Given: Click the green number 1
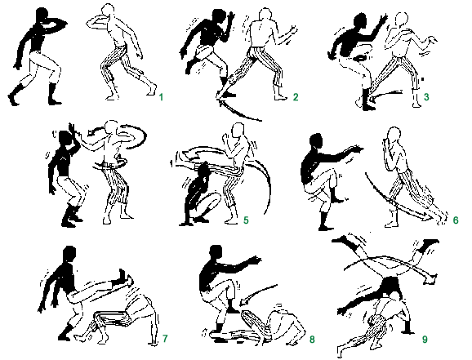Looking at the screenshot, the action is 161,97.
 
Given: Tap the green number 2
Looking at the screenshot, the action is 296,97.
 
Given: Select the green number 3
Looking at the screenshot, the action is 426,97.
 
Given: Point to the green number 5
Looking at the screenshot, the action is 246,220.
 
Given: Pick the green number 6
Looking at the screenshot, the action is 456,220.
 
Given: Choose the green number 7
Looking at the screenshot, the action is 165,339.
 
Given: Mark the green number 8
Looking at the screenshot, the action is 312,340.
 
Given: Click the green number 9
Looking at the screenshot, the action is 425,340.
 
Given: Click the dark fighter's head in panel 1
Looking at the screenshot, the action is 42,15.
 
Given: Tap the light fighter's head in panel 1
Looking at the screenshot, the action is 109,11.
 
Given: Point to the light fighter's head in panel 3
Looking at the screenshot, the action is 402,20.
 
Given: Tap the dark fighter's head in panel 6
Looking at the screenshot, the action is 316,141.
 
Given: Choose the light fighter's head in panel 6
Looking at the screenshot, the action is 394,135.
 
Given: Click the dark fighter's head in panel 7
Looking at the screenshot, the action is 69,254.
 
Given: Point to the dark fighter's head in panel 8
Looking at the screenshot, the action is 216,253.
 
